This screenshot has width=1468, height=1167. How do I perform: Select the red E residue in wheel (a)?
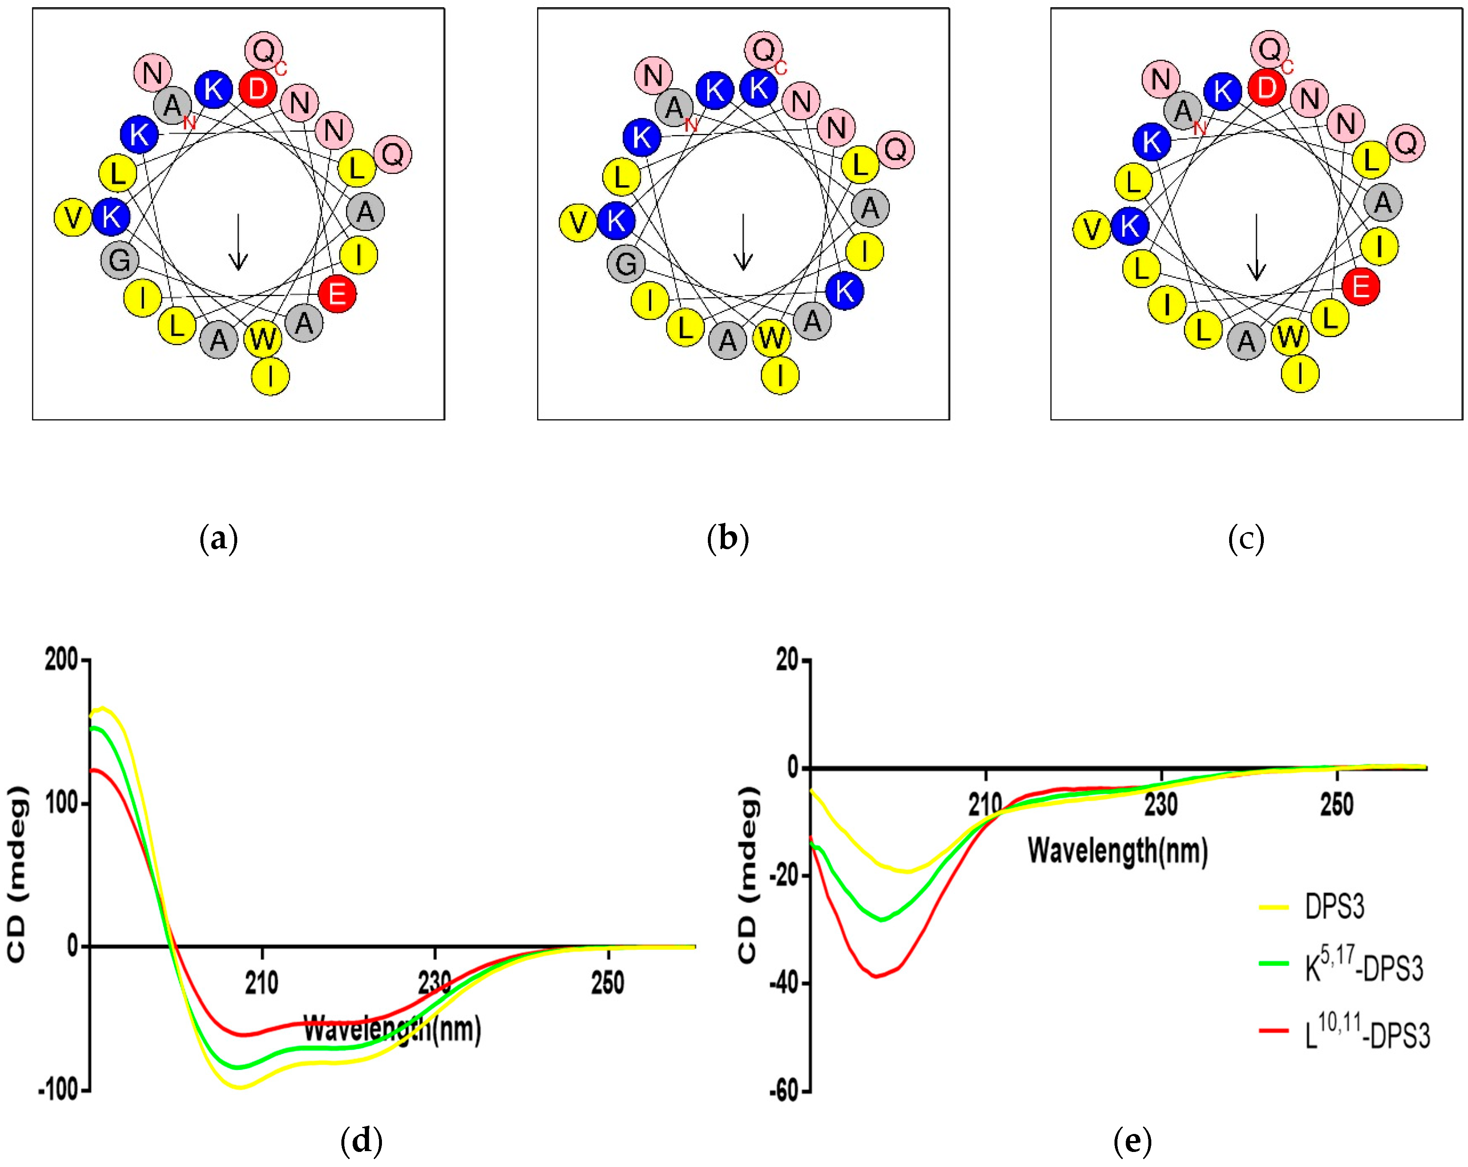point(337,294)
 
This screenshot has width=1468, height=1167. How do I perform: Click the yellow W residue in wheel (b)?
point(772,337)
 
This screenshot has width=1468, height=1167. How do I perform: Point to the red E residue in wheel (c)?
point(1361,287)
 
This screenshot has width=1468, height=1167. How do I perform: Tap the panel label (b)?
point(728,539)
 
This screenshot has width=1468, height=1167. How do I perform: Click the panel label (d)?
point(361,1140)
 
